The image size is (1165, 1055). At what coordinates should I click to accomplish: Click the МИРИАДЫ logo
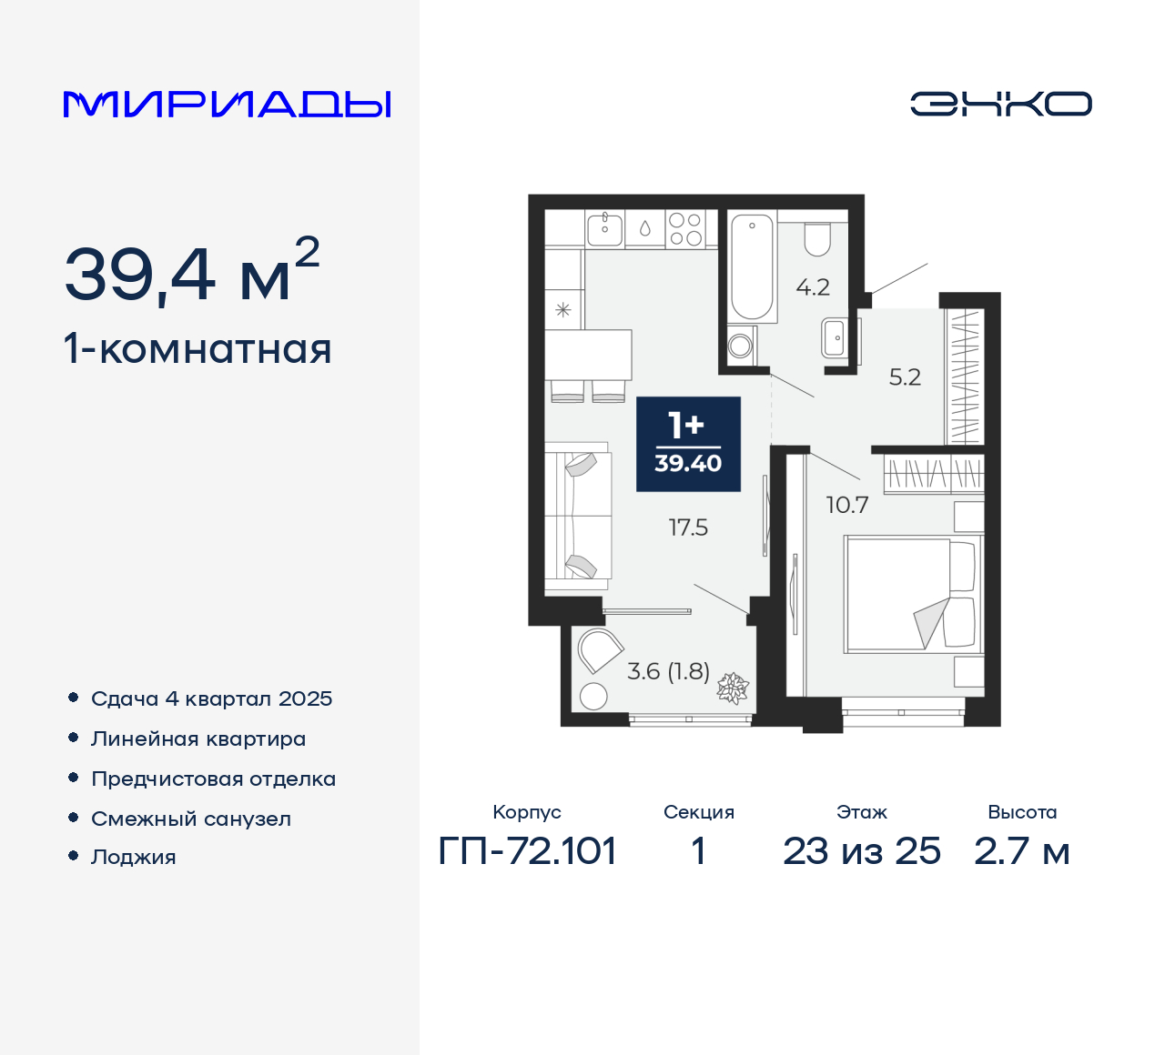227,105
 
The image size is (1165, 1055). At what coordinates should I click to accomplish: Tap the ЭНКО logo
1000,104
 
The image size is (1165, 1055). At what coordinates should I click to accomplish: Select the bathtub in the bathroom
752,266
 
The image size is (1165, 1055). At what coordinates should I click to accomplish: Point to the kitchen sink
604,228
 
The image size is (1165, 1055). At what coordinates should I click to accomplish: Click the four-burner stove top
684,229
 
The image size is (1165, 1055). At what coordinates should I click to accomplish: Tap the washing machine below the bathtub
741,346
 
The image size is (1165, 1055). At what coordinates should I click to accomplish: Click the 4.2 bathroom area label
813,287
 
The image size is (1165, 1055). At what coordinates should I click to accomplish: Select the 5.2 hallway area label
905,377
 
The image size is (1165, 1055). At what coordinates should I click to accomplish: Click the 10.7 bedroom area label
846,505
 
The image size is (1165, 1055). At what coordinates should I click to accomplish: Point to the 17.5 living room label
688,527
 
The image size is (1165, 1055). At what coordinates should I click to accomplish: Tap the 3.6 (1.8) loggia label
668,671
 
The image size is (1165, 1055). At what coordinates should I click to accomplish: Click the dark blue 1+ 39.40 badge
688,444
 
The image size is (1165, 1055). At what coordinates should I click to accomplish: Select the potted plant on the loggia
732,688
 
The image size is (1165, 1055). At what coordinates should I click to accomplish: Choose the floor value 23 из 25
861,851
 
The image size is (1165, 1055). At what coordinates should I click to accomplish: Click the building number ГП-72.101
527,851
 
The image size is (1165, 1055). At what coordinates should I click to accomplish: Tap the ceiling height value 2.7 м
1021,851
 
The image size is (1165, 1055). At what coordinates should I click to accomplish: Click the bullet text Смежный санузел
191,819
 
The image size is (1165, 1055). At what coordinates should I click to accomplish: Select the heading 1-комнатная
198,349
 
